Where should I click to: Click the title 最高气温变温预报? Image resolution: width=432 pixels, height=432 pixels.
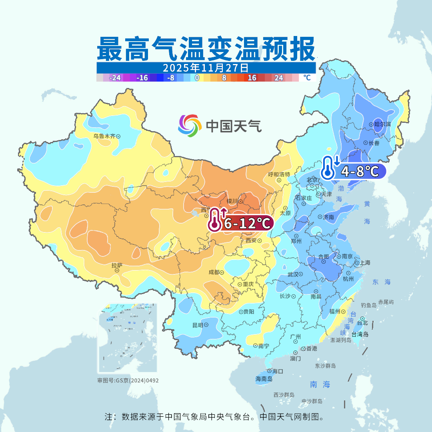coord(206,49)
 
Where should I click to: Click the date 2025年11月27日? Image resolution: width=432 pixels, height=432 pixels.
coord(206,67)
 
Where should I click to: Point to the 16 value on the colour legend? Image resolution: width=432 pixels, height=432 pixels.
coord(252,78)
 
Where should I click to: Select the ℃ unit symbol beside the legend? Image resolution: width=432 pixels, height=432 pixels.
coord(307,78)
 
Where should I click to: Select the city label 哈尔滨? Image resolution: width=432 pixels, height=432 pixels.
coord(382,124)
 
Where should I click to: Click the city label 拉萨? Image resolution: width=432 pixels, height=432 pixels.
coord(117,265)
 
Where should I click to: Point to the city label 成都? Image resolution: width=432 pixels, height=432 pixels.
coord(214,272)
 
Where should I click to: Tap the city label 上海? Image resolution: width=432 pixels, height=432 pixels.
coord(365,263)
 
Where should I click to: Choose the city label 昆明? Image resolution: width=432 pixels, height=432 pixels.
coord(198,325)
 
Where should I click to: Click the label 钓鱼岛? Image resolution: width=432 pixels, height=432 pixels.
coord(368,305)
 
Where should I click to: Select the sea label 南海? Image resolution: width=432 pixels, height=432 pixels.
coord(320,384)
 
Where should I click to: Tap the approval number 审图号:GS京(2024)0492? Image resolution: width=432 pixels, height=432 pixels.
coord(128,380)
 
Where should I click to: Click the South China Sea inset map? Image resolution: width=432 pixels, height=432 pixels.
coord(128,338)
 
